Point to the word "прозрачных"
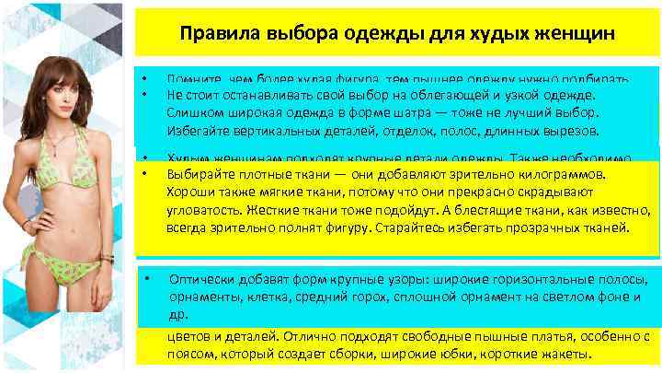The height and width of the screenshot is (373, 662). [x=544, y=227]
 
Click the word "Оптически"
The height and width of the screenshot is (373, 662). [x=200, y=278]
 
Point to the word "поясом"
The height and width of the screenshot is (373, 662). [x=189, y=354]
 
